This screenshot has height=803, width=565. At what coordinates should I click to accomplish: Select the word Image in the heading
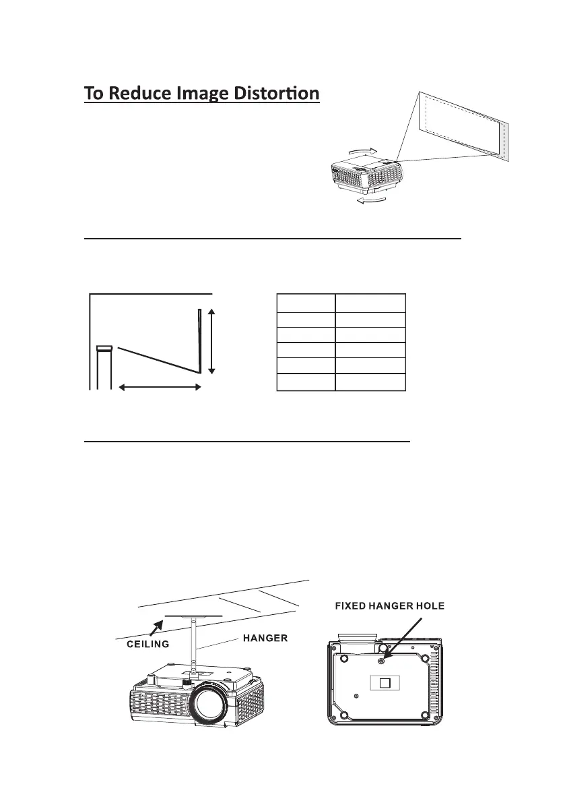tap(204, 92)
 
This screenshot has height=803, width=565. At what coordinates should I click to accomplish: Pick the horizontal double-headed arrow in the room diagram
tap(160, 387)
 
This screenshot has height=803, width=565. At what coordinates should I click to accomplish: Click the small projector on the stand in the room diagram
tap(103, 349)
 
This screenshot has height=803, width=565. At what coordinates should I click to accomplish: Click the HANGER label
tap(265, 637)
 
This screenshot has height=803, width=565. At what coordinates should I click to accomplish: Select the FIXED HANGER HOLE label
tap(389, 606)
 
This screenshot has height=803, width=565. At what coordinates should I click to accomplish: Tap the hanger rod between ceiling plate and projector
tap(195, 645)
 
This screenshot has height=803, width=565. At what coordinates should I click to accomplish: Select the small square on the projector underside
tap(385, 682)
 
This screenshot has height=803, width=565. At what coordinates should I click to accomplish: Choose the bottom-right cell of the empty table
tap(370, 383)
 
